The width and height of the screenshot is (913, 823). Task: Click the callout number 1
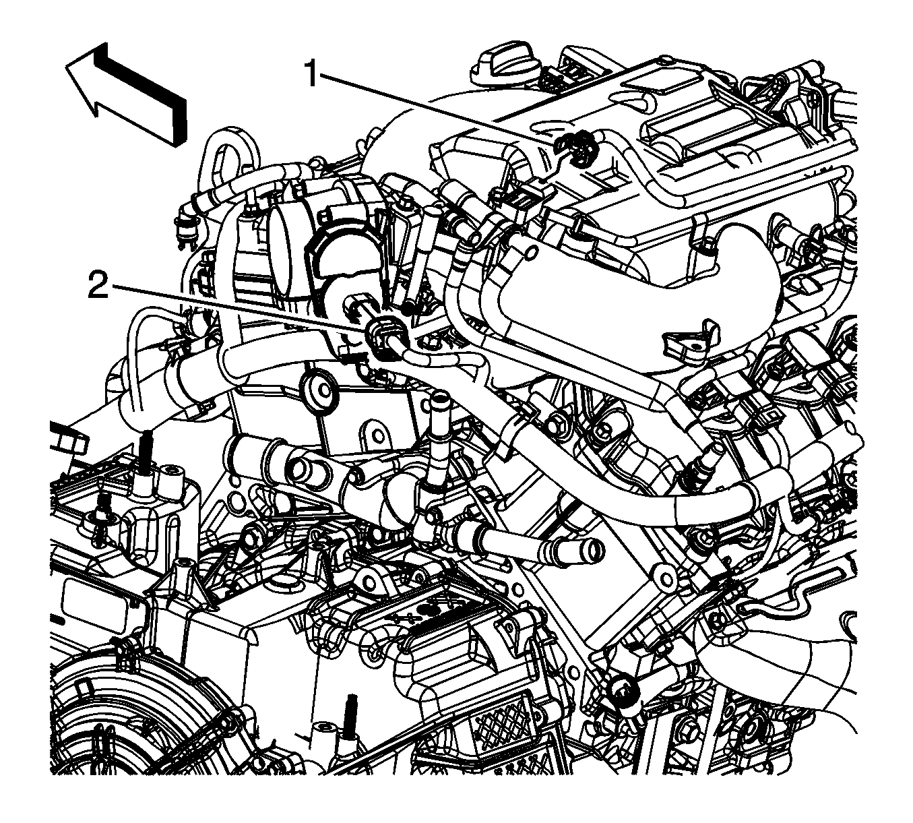coord(312,73)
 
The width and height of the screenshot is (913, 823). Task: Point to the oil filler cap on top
coord(506,68)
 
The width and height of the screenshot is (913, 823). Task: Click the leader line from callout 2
coord(240,307)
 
